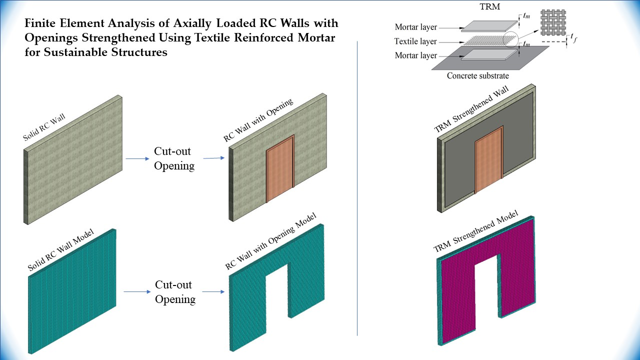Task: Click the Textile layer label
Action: [415, 41]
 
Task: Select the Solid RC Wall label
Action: [44, 127]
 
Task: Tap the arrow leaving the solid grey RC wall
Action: [135, 159]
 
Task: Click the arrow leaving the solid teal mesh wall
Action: [135, 292]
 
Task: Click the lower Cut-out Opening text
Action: [174, 292]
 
